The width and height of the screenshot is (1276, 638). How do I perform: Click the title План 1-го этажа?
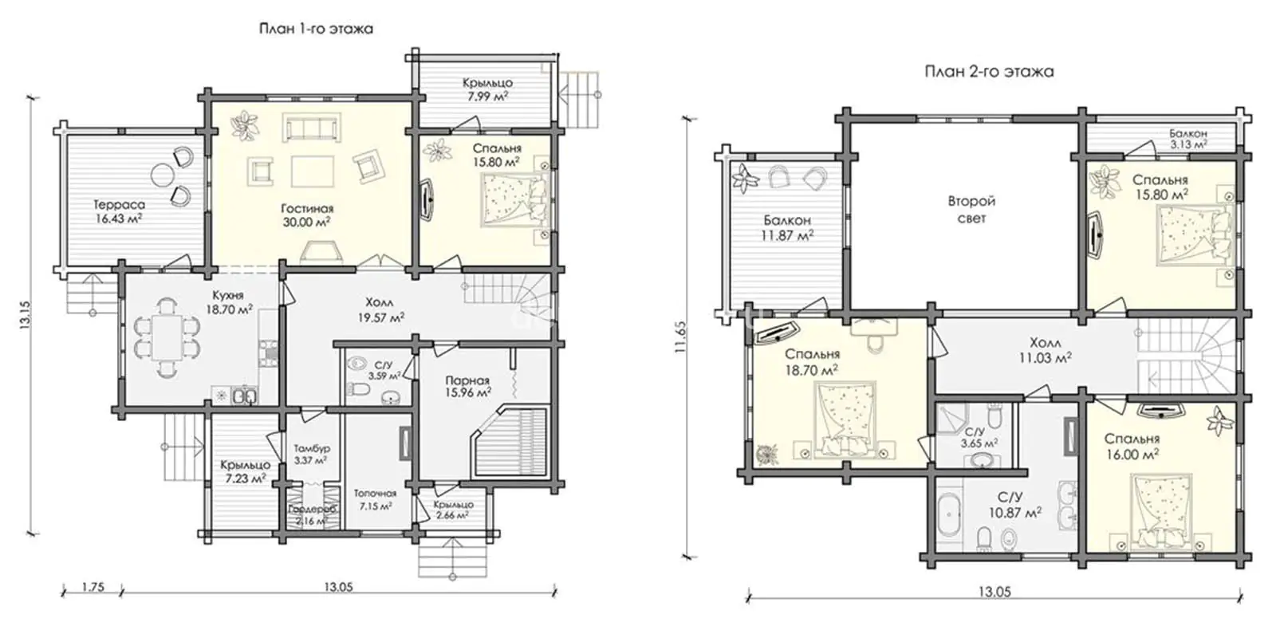[316, 29]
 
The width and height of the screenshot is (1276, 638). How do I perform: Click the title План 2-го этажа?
[989, 72]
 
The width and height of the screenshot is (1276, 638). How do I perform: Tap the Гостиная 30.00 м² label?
[307, 215]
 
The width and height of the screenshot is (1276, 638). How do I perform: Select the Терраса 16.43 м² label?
[119, 211]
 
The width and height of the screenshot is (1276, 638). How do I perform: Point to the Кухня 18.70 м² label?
[229, 302]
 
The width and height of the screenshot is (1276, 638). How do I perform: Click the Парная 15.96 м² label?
[467, 386]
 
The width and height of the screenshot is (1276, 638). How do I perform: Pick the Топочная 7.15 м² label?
[375, 499]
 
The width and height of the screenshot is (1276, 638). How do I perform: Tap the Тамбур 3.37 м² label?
[312, 455]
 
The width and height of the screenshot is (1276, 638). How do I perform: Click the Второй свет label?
[971, 210]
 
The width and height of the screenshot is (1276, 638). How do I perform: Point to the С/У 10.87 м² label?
[1015, 505]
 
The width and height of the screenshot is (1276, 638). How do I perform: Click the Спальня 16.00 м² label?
[1132, 447]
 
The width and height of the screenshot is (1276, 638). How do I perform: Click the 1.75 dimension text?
[93, 587]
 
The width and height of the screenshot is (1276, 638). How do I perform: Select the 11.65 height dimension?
[680, 338]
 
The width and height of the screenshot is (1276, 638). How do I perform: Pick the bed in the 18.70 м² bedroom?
[846, 420]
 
